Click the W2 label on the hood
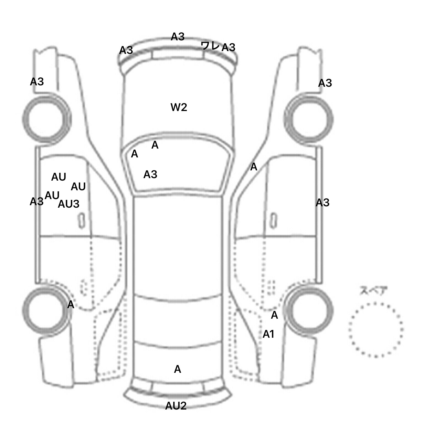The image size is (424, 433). pyautogui.click(x=179, y=107)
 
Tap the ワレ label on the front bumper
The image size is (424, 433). pyautogui.click(x=210, y=46)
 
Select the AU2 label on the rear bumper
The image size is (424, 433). pyautogui.click(x=176, y=406)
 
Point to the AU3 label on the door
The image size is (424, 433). pyautogui.click(x=68, y=204)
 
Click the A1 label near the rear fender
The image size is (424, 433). pyautogui.click(x=268, y=334)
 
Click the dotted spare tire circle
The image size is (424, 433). pyautogui.click(x=376, y=329)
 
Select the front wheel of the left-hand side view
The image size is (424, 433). pyautogui.click(x=47, y=119)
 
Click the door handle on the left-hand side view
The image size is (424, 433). pyautogui.click(x=82, y=220)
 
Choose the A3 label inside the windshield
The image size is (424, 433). pyautogui.click(x=150, y=174)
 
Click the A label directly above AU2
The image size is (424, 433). pyautogui.click(x=177, y=369)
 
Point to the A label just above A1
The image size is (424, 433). pyautogui.click(x=274, y=315)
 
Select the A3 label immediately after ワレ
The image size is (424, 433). pyautogui.click(x=229, y=47)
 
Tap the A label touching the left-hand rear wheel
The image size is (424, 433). pyautogui.click(x=71, y=305)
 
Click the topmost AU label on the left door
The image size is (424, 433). pyautogui.click(x=59, y=177)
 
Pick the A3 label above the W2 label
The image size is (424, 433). pyautogui.click(x=177, y=36)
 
